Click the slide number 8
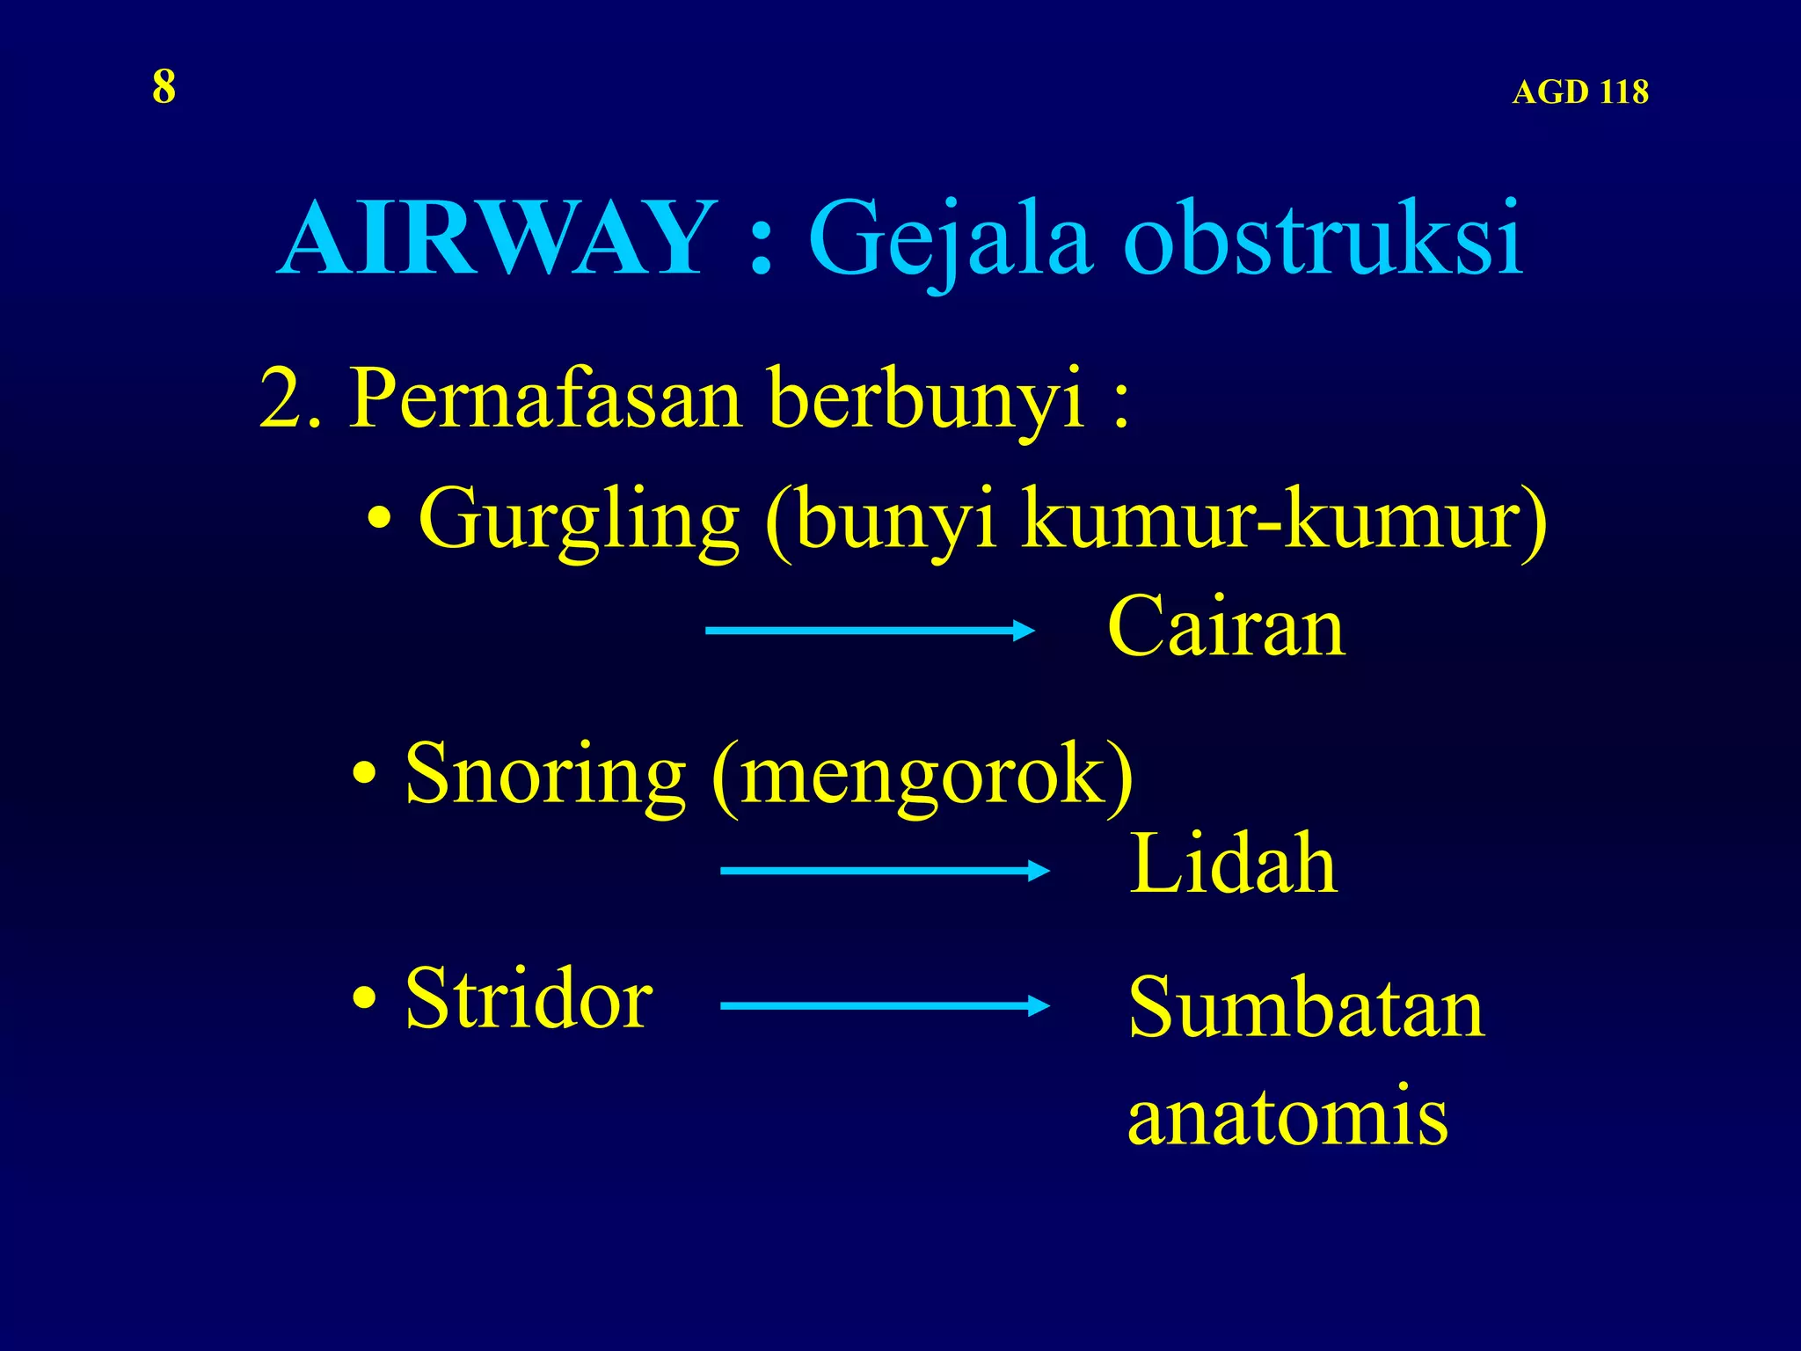[x=164, y=87]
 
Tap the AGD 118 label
[x=1579, y=92]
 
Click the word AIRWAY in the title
[x=499, y=238]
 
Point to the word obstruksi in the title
[x=1323, y=238]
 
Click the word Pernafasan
[x=546, y=398]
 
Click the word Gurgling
[x=580, y=520]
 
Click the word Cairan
[x=1226, y=626]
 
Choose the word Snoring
[x=545, y=773]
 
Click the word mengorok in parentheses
[x=922, y=775]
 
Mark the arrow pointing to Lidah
[x=884, y=871]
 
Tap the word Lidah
[x=1233, y=864]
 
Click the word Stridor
[x=529, y=998]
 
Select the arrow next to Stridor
[x=884, y=1005]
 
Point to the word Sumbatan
[x=1306, y=1009]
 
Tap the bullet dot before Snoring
[x=364, y=775]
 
